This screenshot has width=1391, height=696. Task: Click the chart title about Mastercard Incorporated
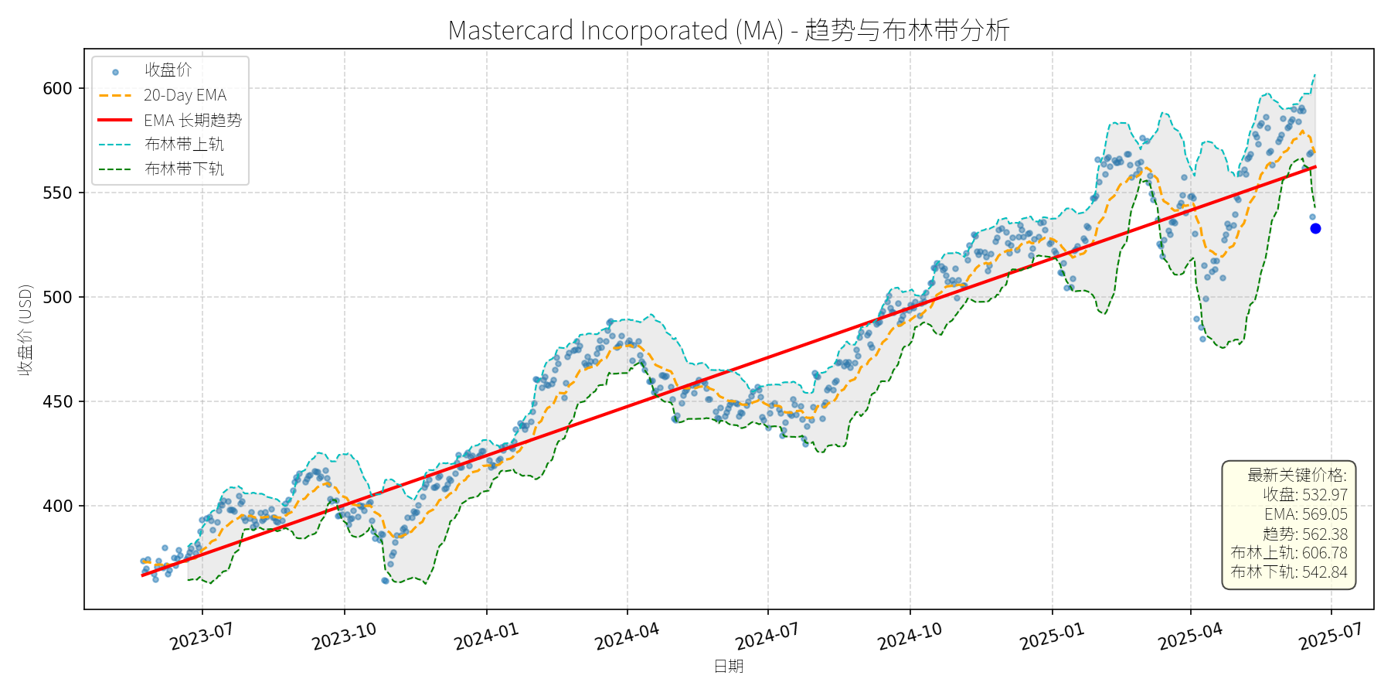tap(729, 30)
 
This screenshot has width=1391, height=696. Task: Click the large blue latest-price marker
tap(1315, 228)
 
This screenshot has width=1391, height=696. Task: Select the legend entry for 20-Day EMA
tap(185, 95)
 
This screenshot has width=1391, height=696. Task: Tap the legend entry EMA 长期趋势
tap(192, 120)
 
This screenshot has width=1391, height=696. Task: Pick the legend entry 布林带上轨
tap(184, 145)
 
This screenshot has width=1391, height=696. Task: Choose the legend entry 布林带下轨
tap(184, 169)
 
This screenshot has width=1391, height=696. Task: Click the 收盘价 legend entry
tap(168, 70)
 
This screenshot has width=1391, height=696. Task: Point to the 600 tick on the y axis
tap(57, 88)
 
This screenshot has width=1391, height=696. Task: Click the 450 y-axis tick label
tap(57, 401)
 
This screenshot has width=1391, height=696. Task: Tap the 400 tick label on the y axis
tap(57, 506)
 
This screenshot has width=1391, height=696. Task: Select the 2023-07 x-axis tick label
tap(202, 637)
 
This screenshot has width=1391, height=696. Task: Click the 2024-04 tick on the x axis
tap(627, 637)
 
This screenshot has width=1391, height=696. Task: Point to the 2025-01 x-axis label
tap(1052, 637)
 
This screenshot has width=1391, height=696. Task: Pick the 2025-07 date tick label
tap(1330, 637)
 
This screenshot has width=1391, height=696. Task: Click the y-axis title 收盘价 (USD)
tap(26, 329)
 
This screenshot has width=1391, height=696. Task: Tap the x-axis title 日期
tap(729, 666)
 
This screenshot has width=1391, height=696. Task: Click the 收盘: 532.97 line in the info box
tap(1305, 495)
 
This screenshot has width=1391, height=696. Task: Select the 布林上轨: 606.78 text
tap(1289, 553)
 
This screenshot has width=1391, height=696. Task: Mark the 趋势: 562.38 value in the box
tap(1305, 534)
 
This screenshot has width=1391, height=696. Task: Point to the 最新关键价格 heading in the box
tap(1297, 475)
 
